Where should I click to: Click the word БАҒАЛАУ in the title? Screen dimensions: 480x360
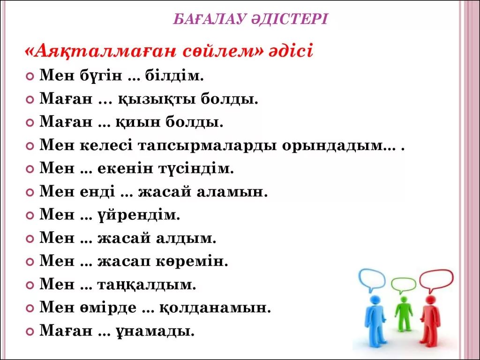[x=210, y=19]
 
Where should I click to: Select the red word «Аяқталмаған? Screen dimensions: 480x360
[x=101, y=51]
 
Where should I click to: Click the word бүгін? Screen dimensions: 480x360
[x=101, y=75]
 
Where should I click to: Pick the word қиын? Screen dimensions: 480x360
[x=138, y=122]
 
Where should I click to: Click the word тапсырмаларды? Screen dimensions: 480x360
[x=208, y=145]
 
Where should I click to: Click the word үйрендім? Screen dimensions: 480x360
[x=139, y=215]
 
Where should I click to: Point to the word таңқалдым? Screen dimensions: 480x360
[x=147, y=285]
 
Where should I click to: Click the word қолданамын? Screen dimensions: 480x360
[x=215, y=307]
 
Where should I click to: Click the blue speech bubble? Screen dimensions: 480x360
[x=372, y=279]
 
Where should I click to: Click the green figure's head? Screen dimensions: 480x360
[x=404, y=299]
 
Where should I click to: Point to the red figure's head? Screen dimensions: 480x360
[x=430, y=300]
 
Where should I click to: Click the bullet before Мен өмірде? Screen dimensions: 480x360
[x=30, y=308]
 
